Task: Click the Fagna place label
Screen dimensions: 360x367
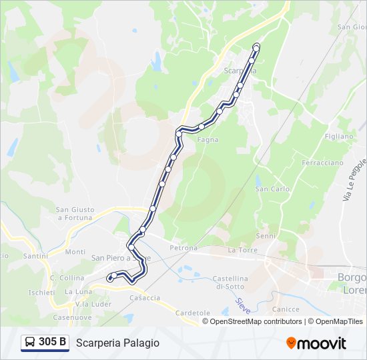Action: point(207,139)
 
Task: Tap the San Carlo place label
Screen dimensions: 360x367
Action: point(272,189)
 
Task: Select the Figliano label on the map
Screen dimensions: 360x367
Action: point(339,136)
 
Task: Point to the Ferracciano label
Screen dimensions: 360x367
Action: point(322,163)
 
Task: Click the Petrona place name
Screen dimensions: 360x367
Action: point(183,248)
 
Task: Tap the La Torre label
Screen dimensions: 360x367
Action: point(242,250)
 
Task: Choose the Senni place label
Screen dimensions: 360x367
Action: point(266,235)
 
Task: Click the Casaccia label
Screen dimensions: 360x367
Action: point(145,298)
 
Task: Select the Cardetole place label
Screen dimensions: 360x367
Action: point(193,313)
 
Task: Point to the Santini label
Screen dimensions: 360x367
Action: point(35,255)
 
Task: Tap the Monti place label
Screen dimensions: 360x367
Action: point(75,252)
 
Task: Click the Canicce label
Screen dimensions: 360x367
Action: point(286,309)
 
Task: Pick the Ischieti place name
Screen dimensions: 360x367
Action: point(41,292)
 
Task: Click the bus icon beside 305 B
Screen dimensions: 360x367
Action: point(30,343)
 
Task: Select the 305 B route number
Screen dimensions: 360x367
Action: point(53,343)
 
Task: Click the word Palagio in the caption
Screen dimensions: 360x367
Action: point(140,343)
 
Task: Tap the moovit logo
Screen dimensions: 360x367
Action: point(316,343)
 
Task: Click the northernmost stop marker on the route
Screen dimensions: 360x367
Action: point(256,46)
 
